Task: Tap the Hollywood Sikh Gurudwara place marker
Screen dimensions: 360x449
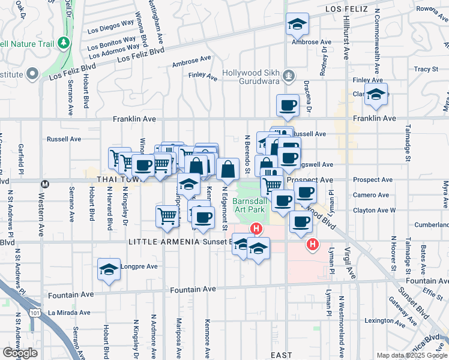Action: coord(289,76)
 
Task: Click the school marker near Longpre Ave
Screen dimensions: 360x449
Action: coord(109,269)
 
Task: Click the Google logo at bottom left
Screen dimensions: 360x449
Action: coord(19,353)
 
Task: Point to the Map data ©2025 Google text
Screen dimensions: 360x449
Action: coord(411,355)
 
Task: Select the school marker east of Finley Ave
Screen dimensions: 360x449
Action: coord(376,94)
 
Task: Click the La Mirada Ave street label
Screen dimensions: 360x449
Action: coord(69,313)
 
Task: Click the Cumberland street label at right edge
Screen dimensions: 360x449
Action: coord(432,224)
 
